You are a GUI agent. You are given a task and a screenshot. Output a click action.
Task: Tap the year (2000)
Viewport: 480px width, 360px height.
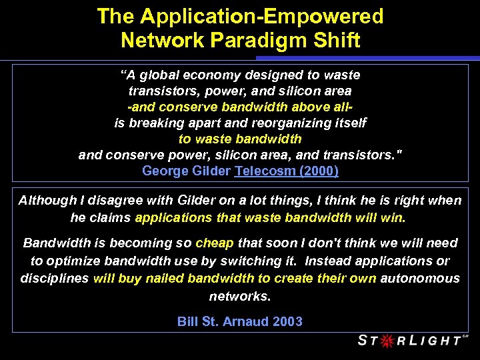(x=318, y=171)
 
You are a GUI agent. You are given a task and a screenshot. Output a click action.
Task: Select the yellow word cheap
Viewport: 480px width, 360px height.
(x=215, y=243)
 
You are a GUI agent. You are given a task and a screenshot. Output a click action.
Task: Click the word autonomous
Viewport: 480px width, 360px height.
(x=420, y=278)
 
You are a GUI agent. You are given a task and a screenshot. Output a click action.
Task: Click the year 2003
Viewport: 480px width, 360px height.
(x=287, y=321)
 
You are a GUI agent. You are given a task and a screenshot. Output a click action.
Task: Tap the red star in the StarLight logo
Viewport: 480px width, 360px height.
(x=385, y=341)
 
